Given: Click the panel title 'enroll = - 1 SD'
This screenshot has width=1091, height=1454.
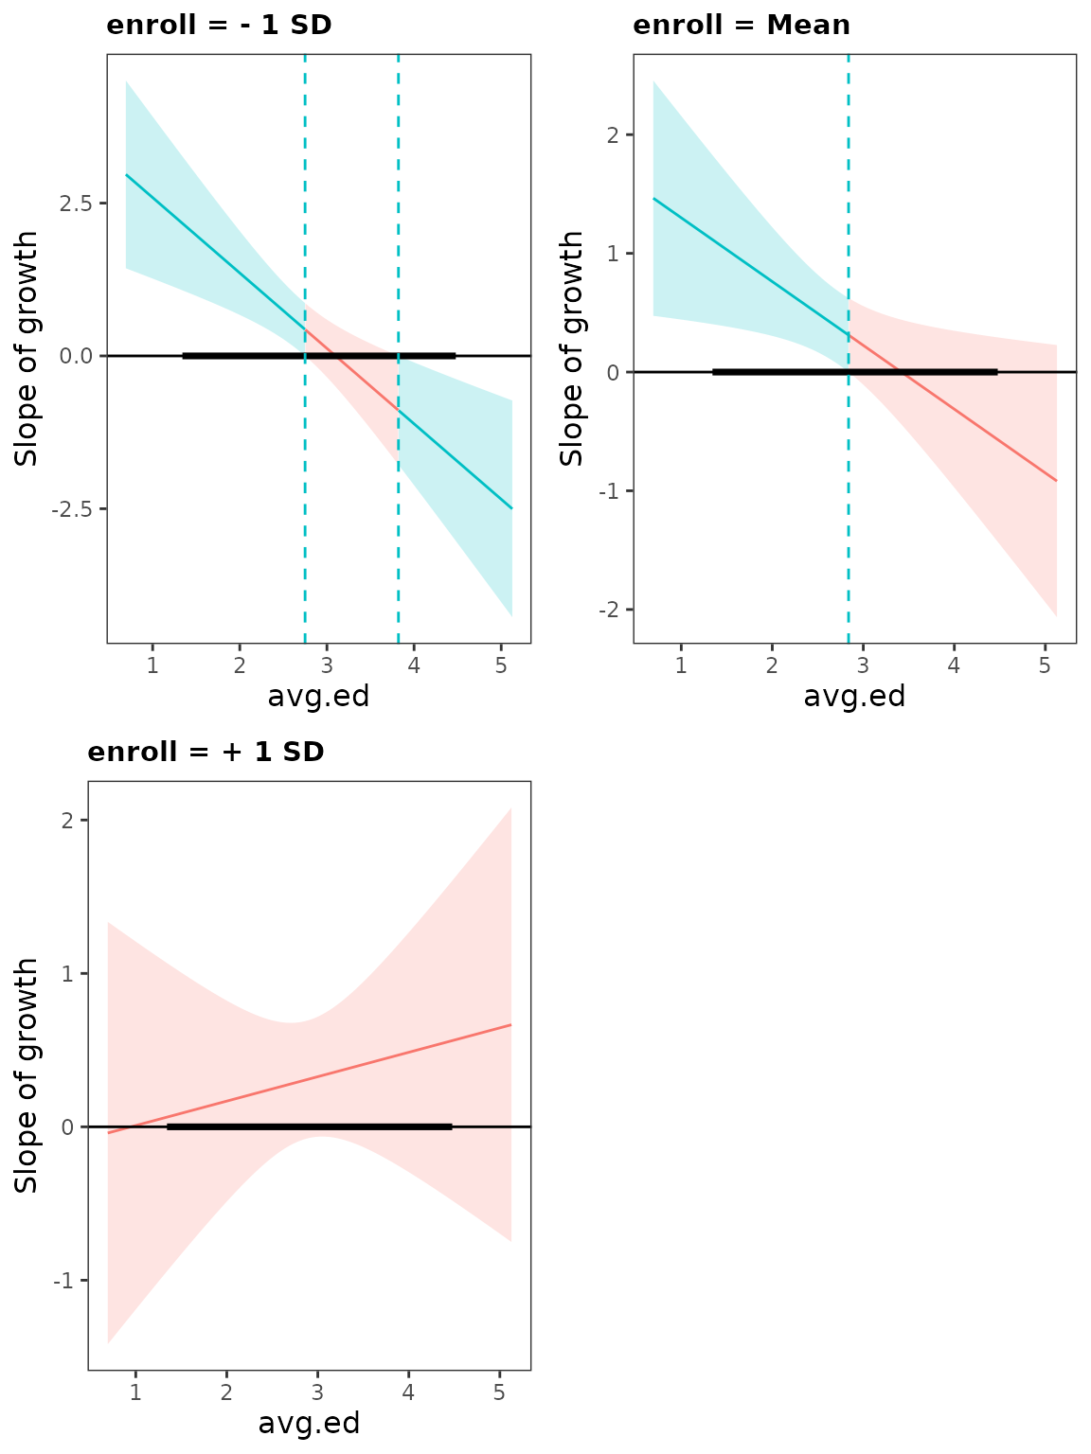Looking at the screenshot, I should [219, 25].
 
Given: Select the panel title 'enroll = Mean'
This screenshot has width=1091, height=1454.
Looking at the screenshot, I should [742, 25].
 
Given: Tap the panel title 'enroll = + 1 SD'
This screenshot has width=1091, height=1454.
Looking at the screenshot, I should [206, 752].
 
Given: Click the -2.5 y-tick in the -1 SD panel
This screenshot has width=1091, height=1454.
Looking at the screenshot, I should [76, 509].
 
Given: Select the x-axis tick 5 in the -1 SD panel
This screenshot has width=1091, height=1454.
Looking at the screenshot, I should [502, 665].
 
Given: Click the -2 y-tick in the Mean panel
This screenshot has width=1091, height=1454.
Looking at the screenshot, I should [608, 610].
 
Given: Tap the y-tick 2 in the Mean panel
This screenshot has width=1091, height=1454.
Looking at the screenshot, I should [613, 134].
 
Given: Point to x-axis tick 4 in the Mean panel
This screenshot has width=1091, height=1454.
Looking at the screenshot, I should [954, 665].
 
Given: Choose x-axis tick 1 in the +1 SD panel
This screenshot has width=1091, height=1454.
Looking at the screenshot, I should [135, 1392].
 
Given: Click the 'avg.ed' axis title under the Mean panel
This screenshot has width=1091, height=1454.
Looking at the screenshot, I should [854, 697].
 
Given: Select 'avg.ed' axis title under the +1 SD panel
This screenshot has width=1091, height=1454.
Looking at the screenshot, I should [309, 1424].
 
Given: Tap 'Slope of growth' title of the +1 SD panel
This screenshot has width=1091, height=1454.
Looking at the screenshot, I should [27, 1075].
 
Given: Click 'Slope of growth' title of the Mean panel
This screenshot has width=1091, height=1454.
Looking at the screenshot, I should [572, 348].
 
